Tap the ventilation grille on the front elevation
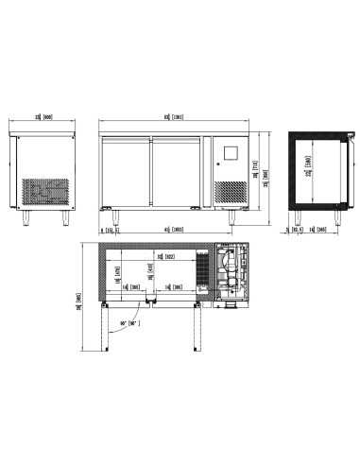pyautogui.click(x=230, y=192)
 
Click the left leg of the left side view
pyautogui.click(x=26, y=217)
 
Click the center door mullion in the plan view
pyautogui.click(x=152, y=301)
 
